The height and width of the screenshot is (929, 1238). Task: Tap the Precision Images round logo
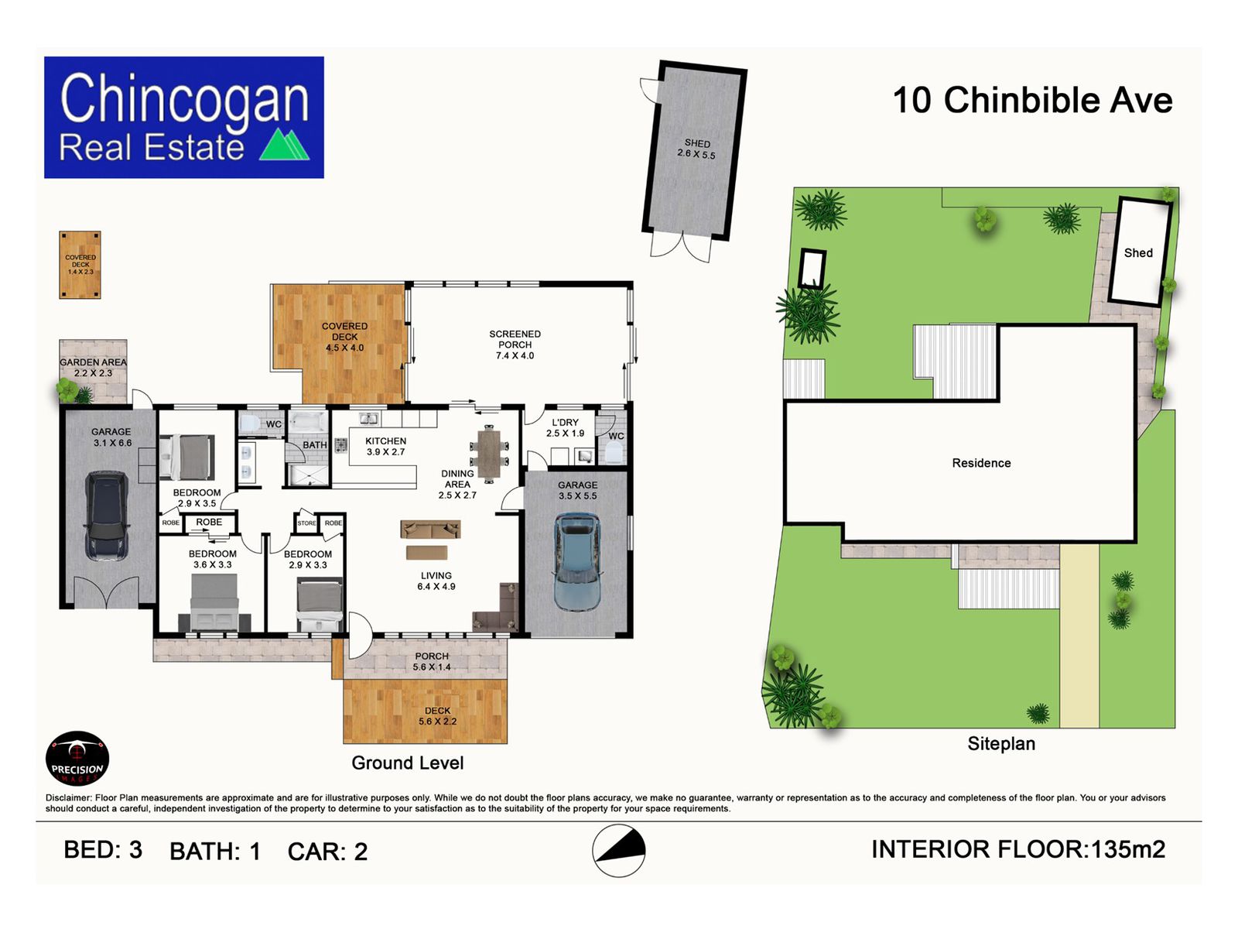(x=77, y=759)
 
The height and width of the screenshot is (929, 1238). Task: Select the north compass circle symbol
(x=619, y=851)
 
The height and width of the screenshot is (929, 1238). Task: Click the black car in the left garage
(x=107, y=515)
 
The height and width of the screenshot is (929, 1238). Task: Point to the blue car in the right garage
(x=577, y=562)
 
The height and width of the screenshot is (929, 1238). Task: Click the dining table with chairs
(x=489, y=454)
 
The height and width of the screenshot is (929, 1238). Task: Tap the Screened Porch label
(x=515, y=345)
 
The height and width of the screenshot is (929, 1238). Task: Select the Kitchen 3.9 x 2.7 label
(x=386, y=446)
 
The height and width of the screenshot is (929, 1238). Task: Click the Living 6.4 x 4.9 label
(x=436, y=581)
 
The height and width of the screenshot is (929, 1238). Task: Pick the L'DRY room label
(x=565, y=427)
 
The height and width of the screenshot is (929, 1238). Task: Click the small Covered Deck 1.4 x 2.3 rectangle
(x=80, y=265)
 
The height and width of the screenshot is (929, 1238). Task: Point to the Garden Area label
(x=93, y=367)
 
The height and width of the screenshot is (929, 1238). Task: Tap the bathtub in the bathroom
(x=307, y=422)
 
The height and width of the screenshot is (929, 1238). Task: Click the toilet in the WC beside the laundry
(x=613, y=451)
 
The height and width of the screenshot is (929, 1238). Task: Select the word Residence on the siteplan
(x=981, y=463)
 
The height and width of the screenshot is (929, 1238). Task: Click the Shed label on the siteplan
(x=1138, y=252)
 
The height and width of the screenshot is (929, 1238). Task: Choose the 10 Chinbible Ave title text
(x=1033, y=101)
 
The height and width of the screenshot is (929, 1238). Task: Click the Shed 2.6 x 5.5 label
(x=696, y=149)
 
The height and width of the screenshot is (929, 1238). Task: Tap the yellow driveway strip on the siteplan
(x=1079, y=636)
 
